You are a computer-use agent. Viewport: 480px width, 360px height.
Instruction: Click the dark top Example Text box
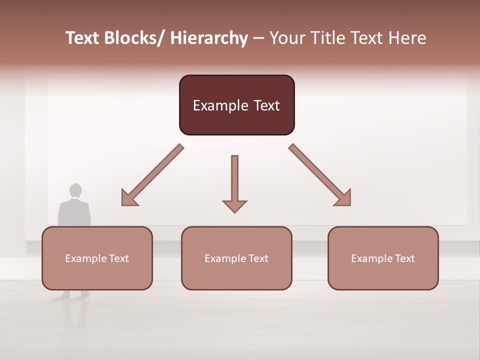tap(236, 105)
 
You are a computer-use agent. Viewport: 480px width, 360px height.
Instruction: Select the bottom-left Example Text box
tap(97, 258)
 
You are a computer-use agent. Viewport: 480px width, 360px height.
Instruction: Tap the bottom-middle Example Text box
tap(236, 258)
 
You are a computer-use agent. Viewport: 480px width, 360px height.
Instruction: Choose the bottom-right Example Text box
tap(383, 258)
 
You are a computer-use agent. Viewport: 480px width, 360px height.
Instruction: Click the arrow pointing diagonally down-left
tap(153, 174)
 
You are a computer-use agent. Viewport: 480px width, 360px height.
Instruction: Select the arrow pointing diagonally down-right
tap(319, 174)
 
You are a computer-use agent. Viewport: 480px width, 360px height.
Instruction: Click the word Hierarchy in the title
tap(208, 38)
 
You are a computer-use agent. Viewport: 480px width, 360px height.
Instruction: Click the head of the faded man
tap(75, 190)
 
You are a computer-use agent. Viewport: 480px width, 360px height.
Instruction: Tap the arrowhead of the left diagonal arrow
tap(129, 198)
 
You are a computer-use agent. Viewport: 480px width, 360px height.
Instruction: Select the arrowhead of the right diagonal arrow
tap(343, 198)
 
